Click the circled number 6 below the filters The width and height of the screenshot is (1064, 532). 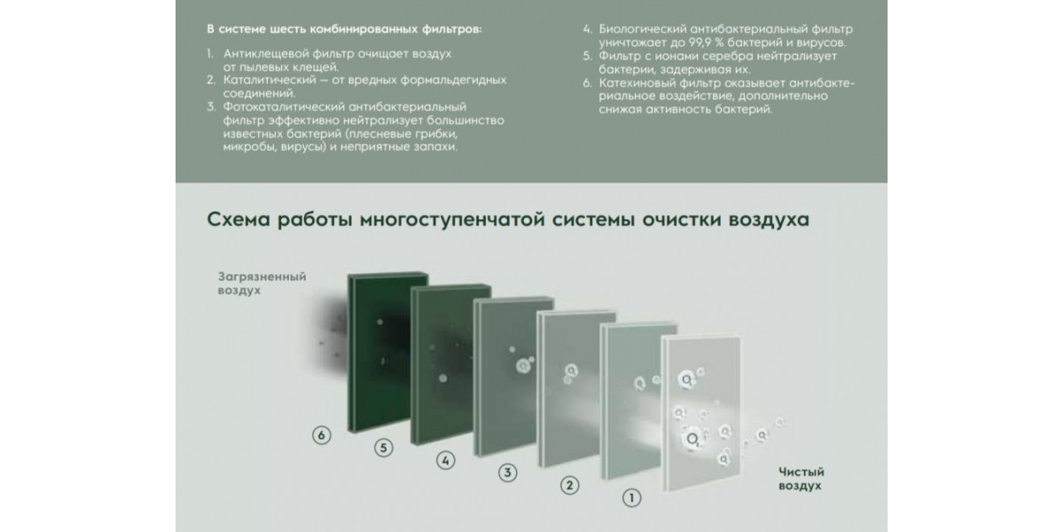322,435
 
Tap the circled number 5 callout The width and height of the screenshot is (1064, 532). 383,448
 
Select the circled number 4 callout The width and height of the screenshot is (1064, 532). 445,460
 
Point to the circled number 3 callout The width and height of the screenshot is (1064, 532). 508,473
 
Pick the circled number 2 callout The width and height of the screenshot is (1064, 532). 569,486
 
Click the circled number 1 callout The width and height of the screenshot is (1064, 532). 631,497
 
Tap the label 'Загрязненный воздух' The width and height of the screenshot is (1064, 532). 262,283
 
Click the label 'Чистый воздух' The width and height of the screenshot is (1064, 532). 802,479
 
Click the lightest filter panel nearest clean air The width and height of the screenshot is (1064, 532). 701,412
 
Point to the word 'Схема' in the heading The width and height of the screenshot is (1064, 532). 239,220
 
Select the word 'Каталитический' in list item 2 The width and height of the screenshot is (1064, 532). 270,80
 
